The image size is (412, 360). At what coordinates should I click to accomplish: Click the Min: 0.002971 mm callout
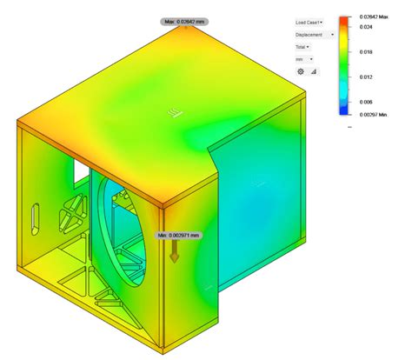[176, 235]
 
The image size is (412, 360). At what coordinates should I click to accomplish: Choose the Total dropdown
[302, 47]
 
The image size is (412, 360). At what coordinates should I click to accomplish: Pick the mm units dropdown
[301, 59]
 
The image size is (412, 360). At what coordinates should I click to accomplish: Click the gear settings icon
[301, 71]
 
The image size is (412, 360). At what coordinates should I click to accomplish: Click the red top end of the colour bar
[345, 18]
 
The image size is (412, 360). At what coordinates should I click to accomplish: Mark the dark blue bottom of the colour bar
[345, 110]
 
